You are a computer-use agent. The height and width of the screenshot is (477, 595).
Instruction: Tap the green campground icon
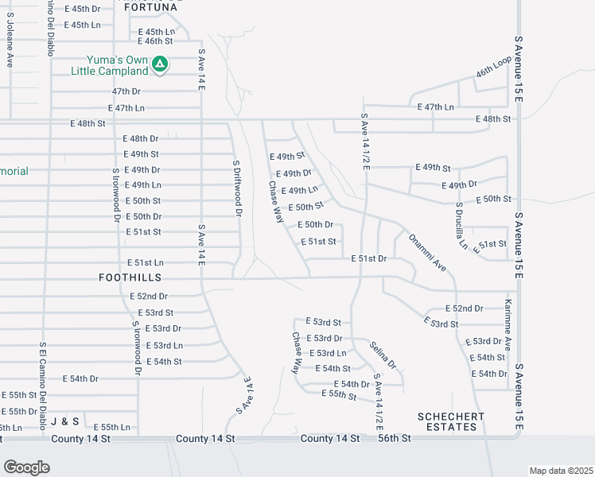(160, 63)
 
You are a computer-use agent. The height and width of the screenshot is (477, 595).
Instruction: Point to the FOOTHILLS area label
(130, 277)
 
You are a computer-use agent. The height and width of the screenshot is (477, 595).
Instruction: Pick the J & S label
(64, 421)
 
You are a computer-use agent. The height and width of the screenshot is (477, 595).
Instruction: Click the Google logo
(26, 467)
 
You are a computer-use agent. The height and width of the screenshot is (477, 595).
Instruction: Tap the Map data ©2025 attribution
(560, 471)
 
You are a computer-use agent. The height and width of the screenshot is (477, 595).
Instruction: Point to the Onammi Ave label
(427, 252)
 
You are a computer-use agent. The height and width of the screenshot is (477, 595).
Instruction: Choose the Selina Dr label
(383, 355)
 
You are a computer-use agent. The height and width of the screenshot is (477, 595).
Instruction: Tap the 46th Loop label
(492, 72)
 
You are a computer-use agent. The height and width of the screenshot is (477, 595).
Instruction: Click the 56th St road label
(394, 439)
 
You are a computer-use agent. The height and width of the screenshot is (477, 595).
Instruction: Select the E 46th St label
(155, 41)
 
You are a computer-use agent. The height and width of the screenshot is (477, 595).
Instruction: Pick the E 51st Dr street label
(369, 258)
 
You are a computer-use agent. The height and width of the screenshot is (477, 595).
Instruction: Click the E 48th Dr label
(141, 138)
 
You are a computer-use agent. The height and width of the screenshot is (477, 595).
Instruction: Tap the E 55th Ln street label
(111, 427)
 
